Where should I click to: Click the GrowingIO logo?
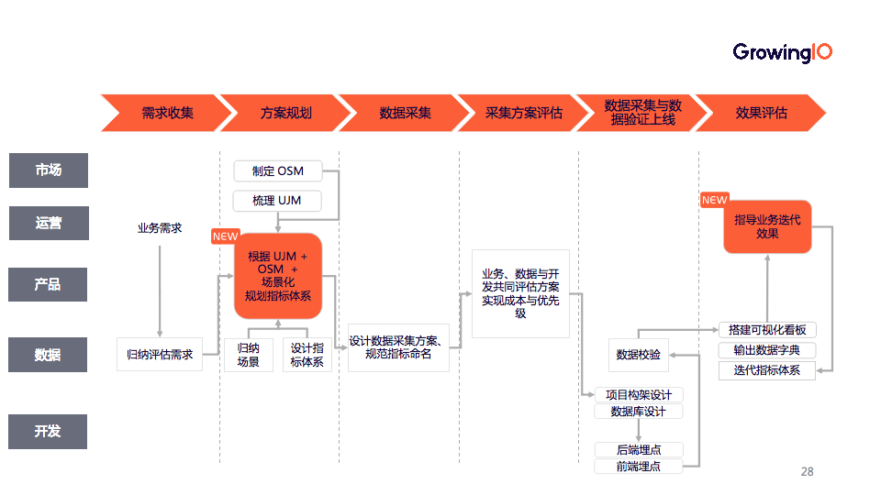click(x=782, y=53)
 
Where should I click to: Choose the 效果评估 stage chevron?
click(x=761, y=113)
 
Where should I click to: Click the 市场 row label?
click(x=49, y=170)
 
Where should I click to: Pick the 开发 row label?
click(x=49, y=431)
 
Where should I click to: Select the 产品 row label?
click(x=49, y=284)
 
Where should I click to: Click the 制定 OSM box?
click(x=277, y=171)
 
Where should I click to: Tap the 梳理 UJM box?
click(x=277, y=200)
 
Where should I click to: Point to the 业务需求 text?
click(x=160, y=228)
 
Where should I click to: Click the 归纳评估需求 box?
click(x=160, y=354)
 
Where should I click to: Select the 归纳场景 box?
click(x=249, y=355)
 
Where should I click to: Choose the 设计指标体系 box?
click(x=307, y=355)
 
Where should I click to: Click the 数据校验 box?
click(x=640, y=355)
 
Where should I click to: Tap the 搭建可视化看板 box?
click(x=766, y=330)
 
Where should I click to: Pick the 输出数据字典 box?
click(x=766, y=350)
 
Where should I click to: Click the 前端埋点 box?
click(x=640, y=466)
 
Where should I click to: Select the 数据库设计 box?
click(x=640, y=412)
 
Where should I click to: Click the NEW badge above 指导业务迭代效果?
click(x=714, y=200)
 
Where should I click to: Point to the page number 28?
click(x=807, y=472)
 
